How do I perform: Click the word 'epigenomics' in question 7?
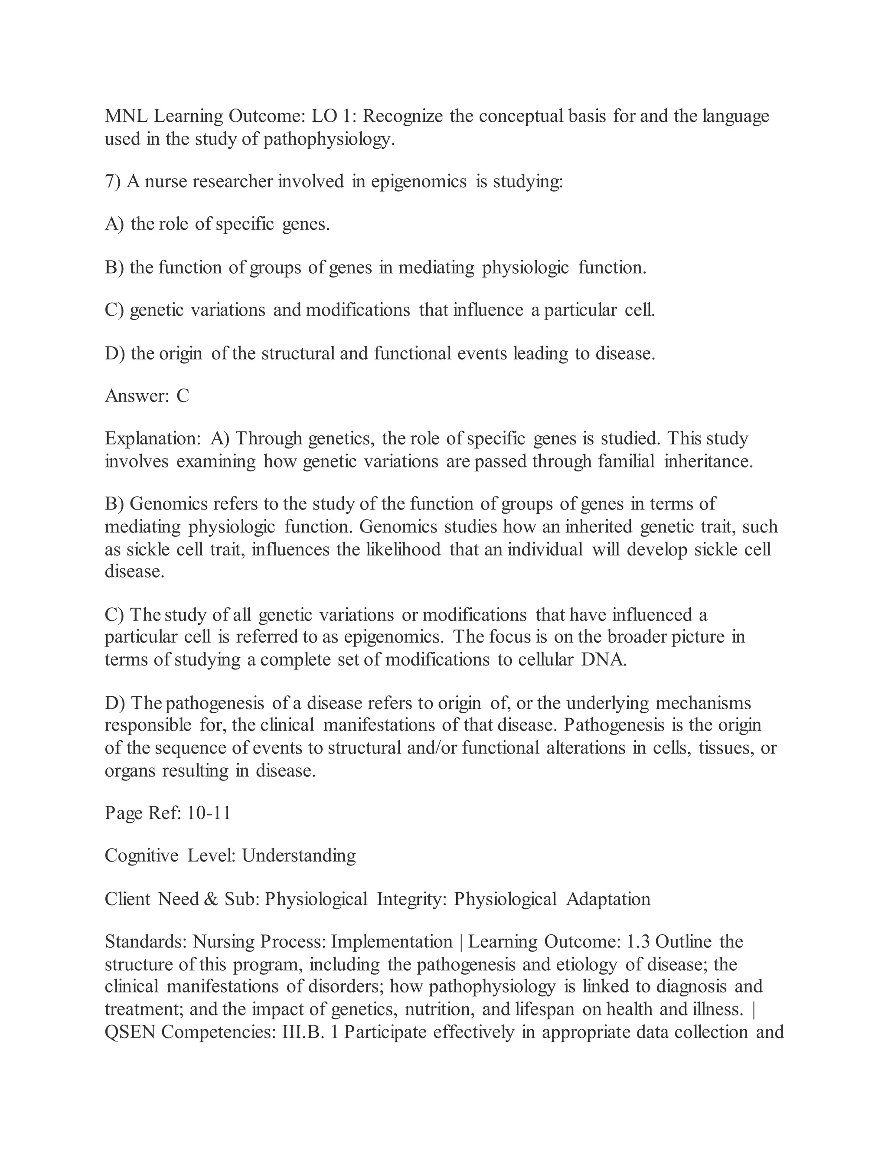tap(418, 182)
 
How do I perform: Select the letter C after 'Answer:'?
tap(183, 395)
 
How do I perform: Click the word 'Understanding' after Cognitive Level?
tap(298, 856)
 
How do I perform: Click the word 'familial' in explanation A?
tap(626, 461)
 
